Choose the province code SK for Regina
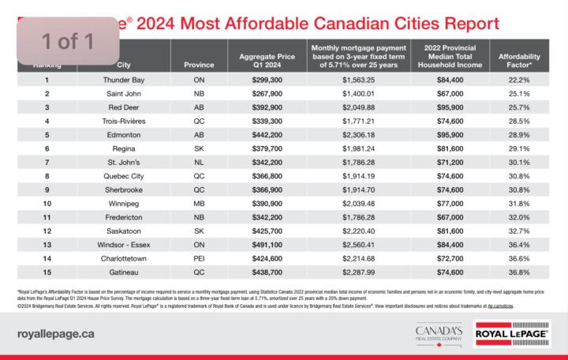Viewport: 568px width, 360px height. (193, 148)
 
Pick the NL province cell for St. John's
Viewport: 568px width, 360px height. (193, 162)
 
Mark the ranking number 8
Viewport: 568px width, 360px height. (47, 176)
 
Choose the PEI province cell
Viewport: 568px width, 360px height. (193, 257)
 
